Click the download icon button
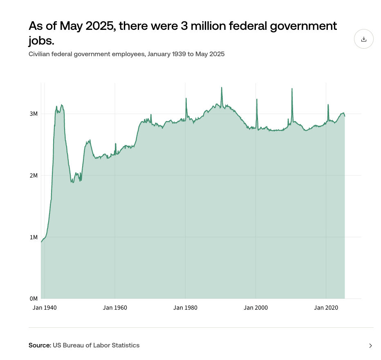click(x=363, y=39)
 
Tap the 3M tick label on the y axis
click(x=34, y=114)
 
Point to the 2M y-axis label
click(x=34, y=175)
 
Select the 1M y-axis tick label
click(x=34, y=237)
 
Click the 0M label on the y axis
click(x=34, y=299)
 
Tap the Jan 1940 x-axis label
click(x=45, y=308)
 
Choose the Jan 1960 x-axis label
click(x=115, y=308)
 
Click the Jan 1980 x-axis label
click(x=185, y=308)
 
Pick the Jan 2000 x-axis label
click(x=256, y=308)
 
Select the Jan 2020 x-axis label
click(x=326, y=308)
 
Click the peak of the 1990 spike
click(x=222, y=88)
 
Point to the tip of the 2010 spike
click(x=292, y=89)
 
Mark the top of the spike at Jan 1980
click(x=186, y=98)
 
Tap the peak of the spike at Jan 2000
click(x=257, y=99)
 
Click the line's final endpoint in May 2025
click(x=345, y=116)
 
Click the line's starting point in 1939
click(x=41, y=242)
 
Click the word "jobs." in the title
click(x=41, y=41)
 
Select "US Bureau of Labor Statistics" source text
click(x=96, y=345)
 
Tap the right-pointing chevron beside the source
click(x=370, y=346)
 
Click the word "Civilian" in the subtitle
click(x=40, y=54)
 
